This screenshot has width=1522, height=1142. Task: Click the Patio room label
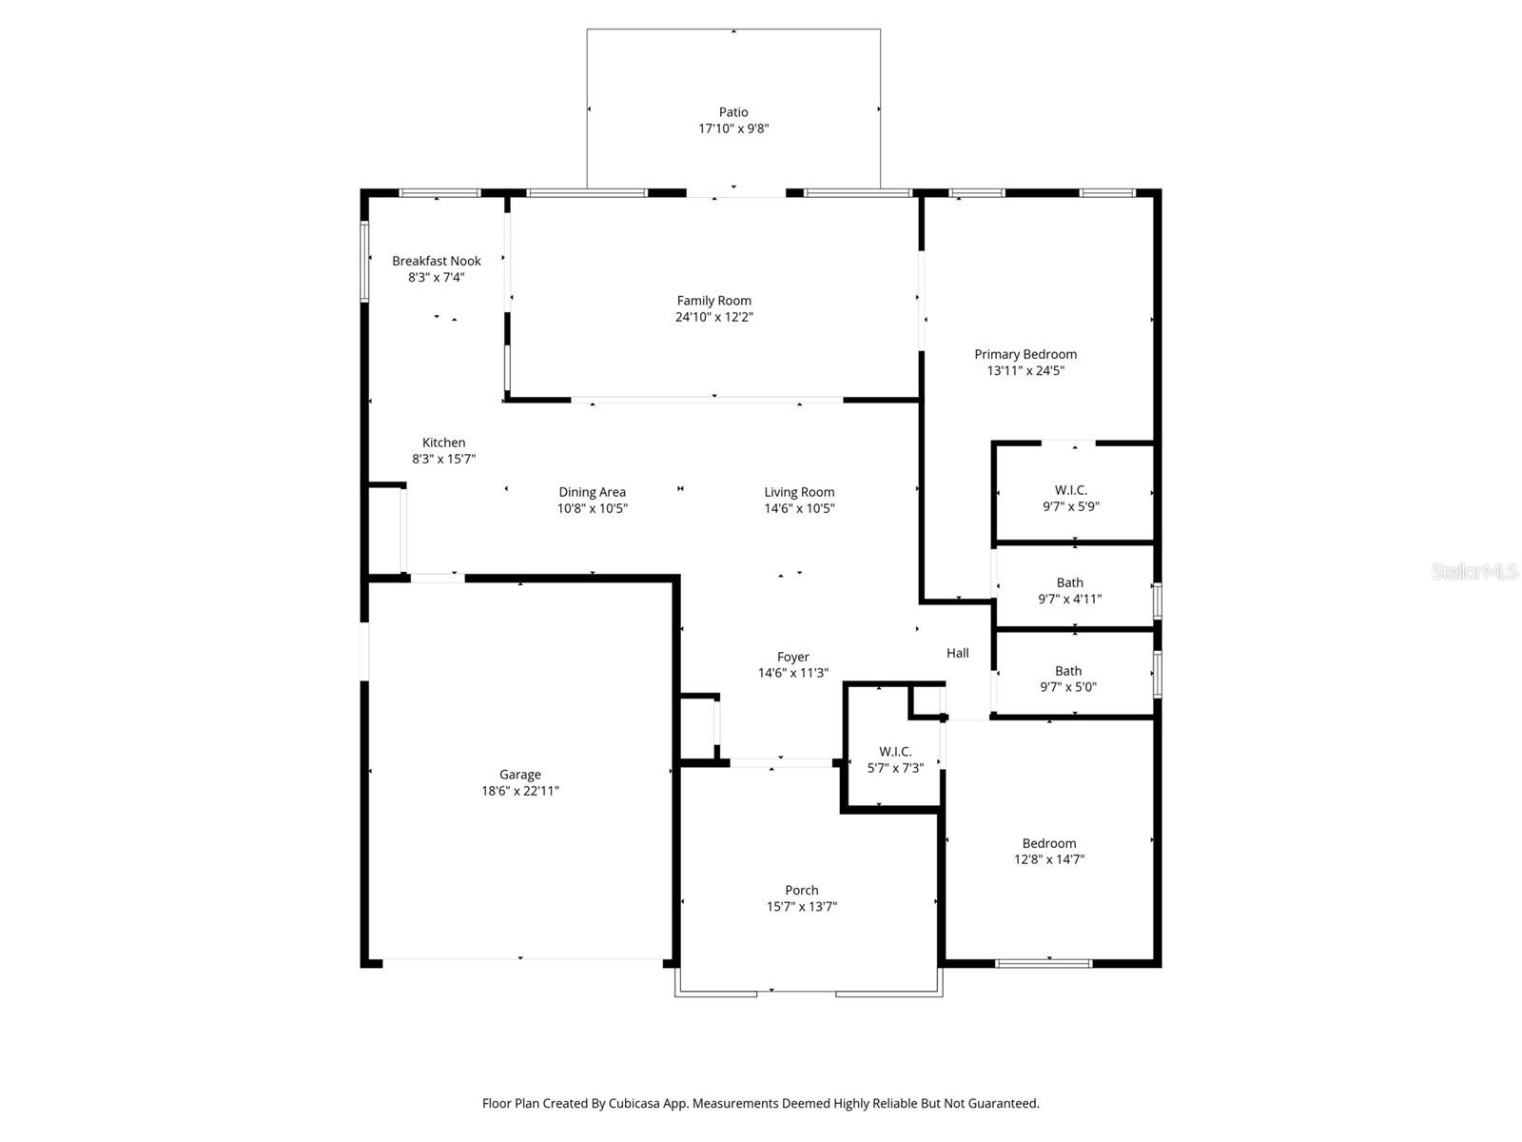click(733, 112)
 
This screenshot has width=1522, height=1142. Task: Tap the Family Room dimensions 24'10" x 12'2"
click(713, 317)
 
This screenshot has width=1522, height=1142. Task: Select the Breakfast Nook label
click(437, 261)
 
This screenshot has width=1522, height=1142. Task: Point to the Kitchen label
click(443, 443)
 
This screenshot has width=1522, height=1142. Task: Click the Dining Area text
click(592, 492)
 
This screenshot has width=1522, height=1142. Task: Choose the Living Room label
click(799, 492)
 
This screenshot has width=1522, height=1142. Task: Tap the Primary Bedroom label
click(1025, 354)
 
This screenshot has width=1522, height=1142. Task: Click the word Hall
click(958, 653)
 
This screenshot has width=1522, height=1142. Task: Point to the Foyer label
click(792, 657)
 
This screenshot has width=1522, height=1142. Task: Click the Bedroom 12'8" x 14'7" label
click(1049, 843)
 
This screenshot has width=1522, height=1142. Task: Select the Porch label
click(802, 891)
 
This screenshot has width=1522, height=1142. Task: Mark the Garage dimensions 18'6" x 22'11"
click(519, 791)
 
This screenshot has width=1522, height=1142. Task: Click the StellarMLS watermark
click(1474, 572)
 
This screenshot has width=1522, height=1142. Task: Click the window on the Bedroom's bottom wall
click(1044, 963)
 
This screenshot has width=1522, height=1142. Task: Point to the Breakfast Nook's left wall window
click(364, 262)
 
